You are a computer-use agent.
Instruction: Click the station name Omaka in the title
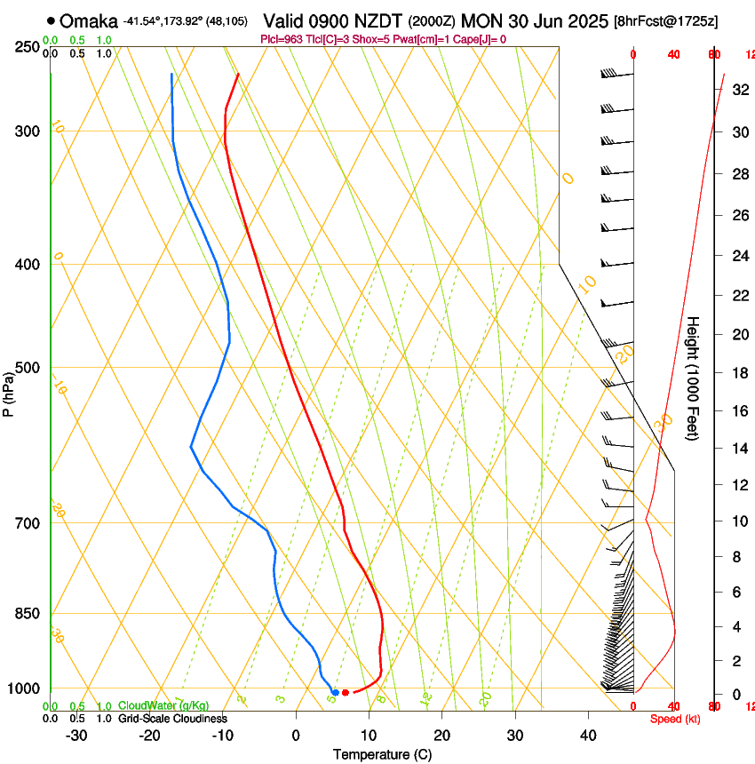tap(89, 20)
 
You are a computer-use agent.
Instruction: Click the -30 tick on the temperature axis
tap(76, 736)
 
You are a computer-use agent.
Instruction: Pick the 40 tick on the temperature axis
tap(587, 736)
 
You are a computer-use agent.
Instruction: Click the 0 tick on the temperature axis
tap(297, 736)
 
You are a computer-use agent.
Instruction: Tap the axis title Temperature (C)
tap(382, 754)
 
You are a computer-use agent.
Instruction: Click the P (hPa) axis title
tap(8, 394)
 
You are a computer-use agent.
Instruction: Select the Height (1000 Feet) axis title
tap(694, 378)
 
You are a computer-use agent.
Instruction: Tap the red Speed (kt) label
tap(675, 719)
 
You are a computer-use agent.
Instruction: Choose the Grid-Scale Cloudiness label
tap(172, 718)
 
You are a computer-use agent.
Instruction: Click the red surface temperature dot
tap(346, 692)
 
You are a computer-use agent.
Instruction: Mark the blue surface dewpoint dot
tap(335, 692)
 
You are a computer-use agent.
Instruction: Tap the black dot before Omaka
tap(51, 20)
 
